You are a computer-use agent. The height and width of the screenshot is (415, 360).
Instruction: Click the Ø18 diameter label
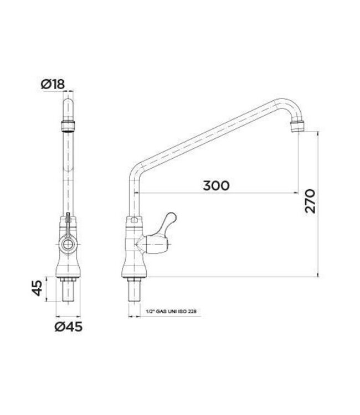(53, 84)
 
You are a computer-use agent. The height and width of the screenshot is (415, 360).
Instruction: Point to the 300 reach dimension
(215, 185)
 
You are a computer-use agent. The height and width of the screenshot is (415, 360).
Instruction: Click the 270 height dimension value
(311, 201)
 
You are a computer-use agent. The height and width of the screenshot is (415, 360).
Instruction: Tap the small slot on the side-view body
(133, 221)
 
